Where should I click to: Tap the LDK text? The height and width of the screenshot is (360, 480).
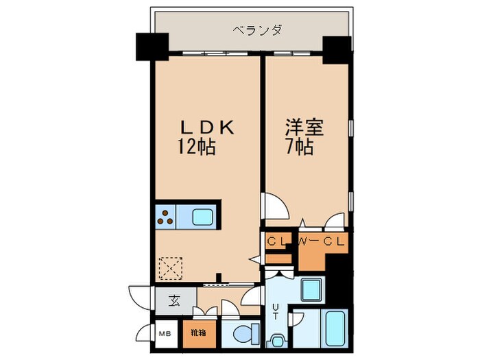pyautogui.click(x=208, y=128)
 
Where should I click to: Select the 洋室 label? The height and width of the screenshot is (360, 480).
pyautogui.click(x=304, y=128)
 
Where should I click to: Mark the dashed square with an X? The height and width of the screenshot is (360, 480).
pyautogui.click(x=169, y=267)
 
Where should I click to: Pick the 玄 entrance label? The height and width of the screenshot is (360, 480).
pyautogui.click(x=174, y=300)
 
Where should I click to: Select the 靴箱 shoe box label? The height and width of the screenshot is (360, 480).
pyautogui.click(x=198, y=333)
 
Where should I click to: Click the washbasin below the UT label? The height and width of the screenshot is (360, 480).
pyautogui.click(x=277, y=339)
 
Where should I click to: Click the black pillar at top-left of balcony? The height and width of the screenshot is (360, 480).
pyautogui.click(x=151, y=47)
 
